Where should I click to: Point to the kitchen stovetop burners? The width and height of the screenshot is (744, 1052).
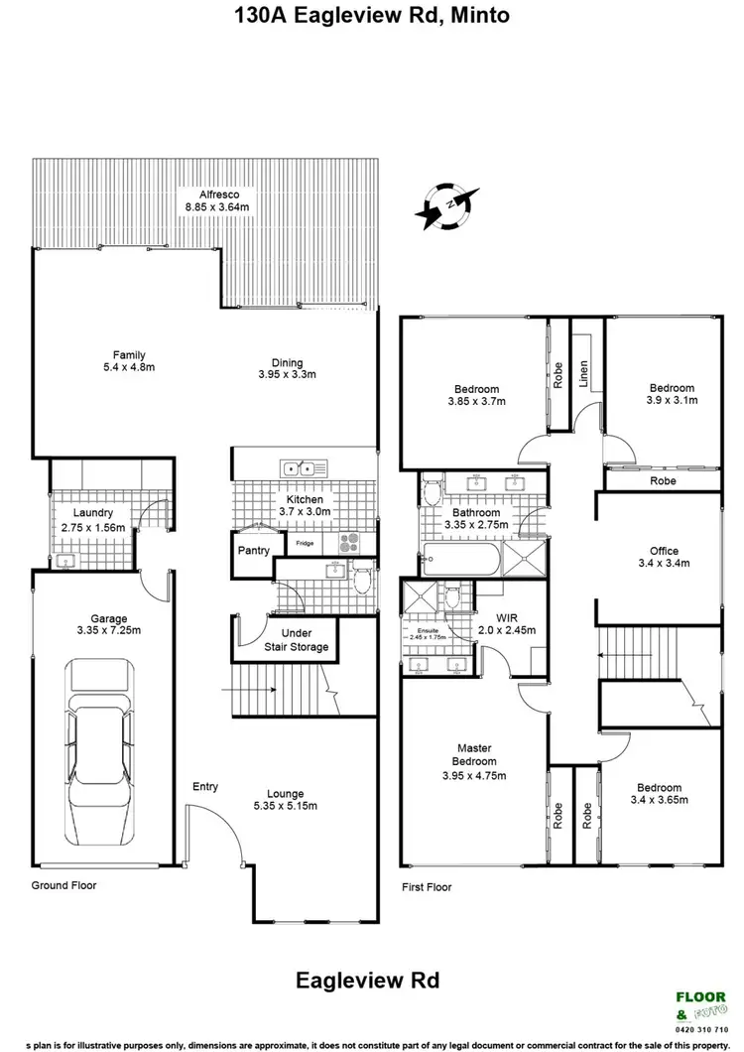[x=351, y=543]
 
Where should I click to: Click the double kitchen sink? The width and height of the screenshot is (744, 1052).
[x=299, y=466]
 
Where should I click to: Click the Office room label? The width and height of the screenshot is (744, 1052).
[x=664, y=550]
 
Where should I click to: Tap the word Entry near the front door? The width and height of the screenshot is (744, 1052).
[x=205, y=786]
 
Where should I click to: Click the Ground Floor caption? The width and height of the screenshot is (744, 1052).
[x=63, y=884]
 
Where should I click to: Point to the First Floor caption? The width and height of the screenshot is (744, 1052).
[x=427, y=886]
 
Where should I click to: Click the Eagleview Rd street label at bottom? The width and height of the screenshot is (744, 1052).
[x=367, y=981]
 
